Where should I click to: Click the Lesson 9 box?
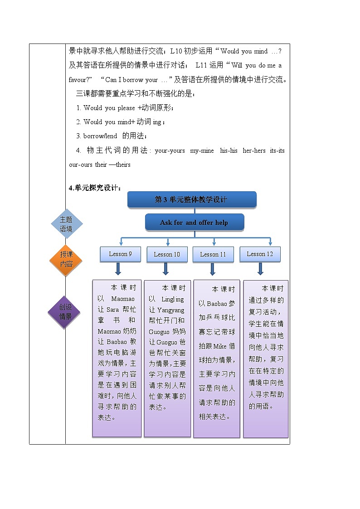(x=120, y=254)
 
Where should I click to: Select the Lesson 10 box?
(x=167, y=254)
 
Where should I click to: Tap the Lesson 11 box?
(x=213, y=254)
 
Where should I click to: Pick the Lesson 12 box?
(x=260, y=254)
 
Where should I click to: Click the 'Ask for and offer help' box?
(x=194, y=222)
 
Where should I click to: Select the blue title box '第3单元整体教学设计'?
(x=191, y=199)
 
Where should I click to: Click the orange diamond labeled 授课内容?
(x=66, y=259)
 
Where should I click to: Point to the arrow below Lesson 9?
(x=118, y=270)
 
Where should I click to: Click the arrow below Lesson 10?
(x=165, y=270)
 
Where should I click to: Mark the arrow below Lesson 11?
(x=212, y=270)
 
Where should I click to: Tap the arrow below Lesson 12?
(x=260, y=270)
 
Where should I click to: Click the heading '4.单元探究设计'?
(x=95, y=188)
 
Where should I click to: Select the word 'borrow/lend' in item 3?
(x=100, y=136)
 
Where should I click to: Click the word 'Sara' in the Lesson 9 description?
(x=112, y=310)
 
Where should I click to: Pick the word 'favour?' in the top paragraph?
(x=81, y=80)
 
